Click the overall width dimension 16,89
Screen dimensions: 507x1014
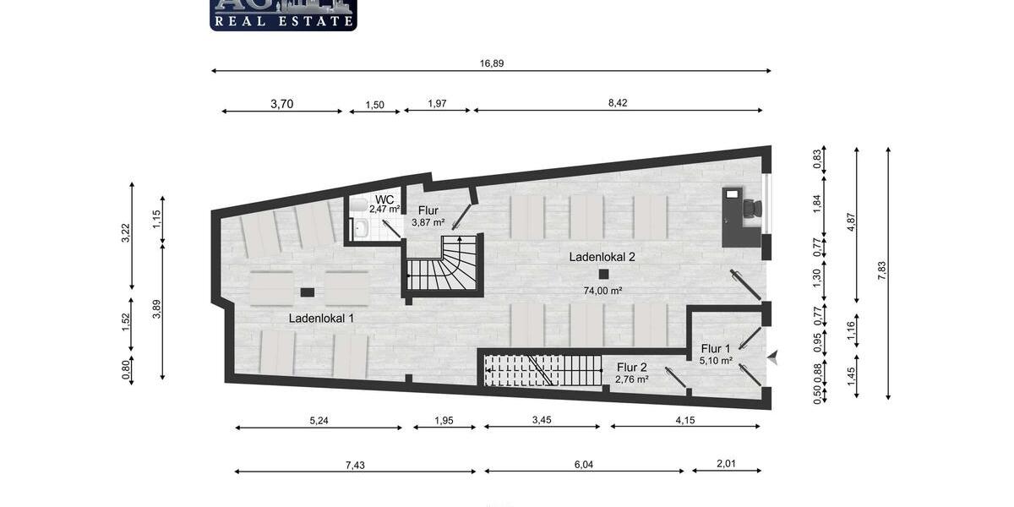coord(492,63)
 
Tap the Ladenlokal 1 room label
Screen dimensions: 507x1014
coord(321,319)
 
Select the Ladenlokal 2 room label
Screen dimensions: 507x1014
coord(602,258)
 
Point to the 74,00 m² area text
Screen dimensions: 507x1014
coord(602,291)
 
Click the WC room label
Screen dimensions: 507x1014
coord(384,199)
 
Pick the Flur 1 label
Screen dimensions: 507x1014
coord(716,348)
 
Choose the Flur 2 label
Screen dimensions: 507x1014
coord(631,367)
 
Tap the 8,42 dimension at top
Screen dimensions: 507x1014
coord(618,103)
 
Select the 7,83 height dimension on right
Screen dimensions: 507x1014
coord(881,271)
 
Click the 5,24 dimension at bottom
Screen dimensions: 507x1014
coord(319,420)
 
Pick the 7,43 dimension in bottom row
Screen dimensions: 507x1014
coord(355,464)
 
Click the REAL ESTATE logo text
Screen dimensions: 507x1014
coord(283,21)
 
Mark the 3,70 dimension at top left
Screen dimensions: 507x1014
coord(282,104)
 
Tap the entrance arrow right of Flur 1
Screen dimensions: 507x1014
coord(771,359)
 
